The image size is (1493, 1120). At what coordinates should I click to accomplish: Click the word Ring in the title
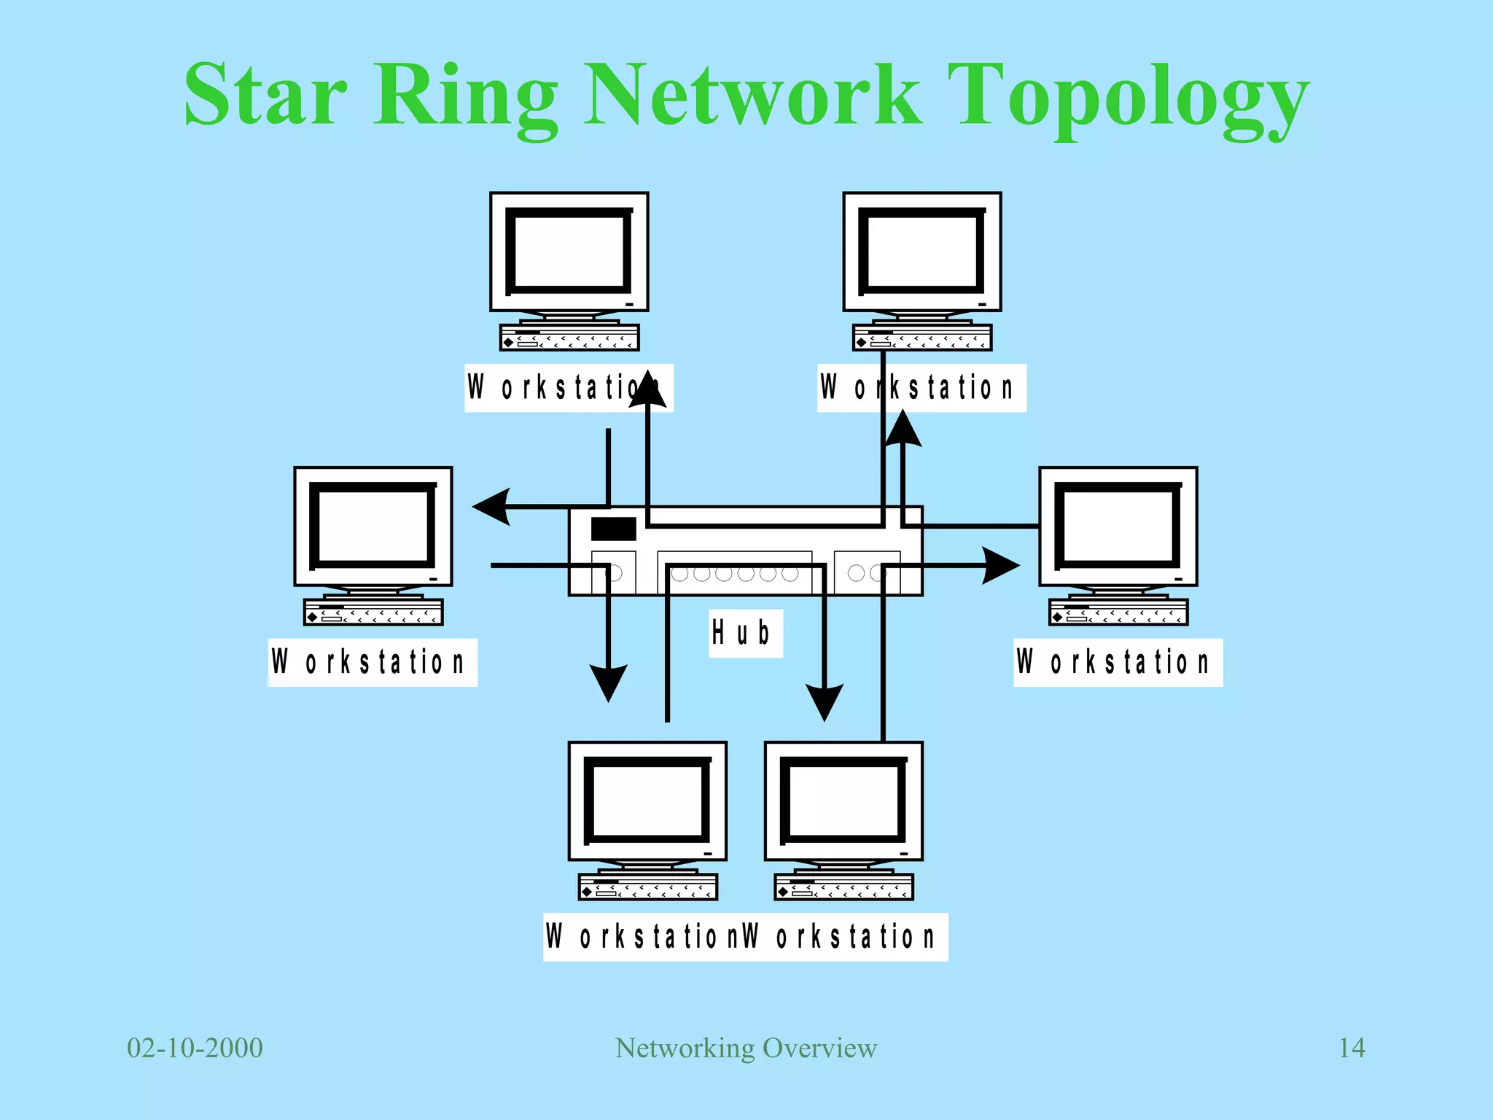(x=467, y=98)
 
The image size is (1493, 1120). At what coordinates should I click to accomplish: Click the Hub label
(x=744, y=633)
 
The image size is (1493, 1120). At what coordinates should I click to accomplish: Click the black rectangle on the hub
(x=613, y=529)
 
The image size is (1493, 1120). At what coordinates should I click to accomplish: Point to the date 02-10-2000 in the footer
(x=195, y=1048)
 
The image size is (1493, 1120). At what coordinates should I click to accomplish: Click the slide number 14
(x=1352, y=1048)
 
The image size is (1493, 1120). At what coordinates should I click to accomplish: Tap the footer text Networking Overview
(x=746, y=1048)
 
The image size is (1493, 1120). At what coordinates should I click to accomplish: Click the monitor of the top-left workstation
(x=569, y=252)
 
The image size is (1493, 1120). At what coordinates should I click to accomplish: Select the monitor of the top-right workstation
(x=922, y=252)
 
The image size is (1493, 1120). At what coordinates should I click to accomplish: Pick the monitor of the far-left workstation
(x=373, y=526)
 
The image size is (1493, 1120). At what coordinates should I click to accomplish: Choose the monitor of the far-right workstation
(x=1118, y=526)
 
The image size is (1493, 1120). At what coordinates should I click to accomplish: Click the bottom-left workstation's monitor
(x=647, y=801)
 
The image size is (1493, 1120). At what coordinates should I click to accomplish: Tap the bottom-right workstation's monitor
(x=843, y=801)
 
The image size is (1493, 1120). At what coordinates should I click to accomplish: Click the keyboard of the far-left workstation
(x=373, y=612)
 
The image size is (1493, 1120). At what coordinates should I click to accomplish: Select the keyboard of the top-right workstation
(x=922, y=338)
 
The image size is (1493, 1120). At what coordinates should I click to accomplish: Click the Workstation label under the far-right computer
(x=1118, y=662)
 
